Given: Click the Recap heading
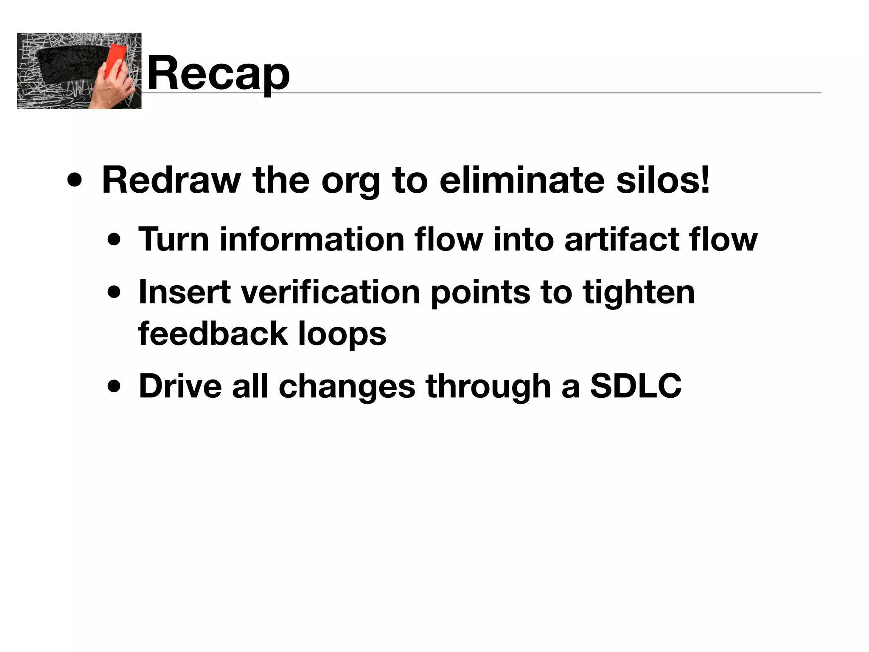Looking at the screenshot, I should click(x=218, y=73).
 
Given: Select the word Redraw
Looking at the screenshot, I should click(x=171, y=180).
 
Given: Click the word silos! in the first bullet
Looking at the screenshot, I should click(x=663, y=180).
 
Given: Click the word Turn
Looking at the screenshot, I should click(x=174, y=239).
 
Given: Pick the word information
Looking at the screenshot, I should click(x=312, y=239).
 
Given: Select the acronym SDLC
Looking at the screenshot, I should click(x=636, y=386).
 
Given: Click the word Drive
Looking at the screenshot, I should click(x=180, y=386).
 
